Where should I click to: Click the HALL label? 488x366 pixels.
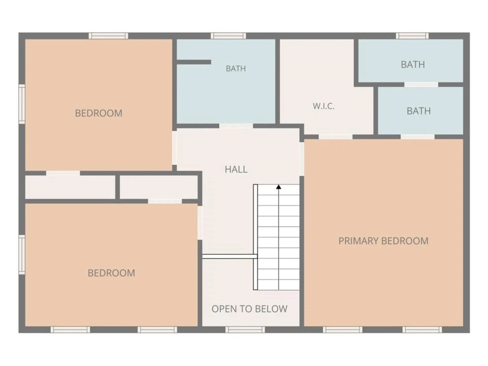[x=236, y=169]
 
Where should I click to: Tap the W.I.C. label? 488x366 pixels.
[x=324, y=106]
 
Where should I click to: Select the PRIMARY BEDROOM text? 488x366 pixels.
[x=383, y=241]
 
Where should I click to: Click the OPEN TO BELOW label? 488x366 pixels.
[x=249, y=309]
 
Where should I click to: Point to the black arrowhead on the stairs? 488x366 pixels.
[x=279, y=187]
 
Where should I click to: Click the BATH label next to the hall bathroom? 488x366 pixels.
[x=236, y=68]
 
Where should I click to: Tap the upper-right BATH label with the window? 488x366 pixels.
[x=413, y=65]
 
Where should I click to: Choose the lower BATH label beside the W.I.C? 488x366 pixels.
[x=419, y=111]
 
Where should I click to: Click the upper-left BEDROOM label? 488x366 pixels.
[x=99, y=113]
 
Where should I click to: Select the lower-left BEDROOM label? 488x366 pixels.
[x=111, y=273]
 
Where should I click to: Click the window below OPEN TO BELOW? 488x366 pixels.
[x=245, y=330]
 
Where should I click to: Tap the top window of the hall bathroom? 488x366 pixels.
[x=228, y=36]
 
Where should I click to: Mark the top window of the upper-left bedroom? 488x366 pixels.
[x=108, y=36]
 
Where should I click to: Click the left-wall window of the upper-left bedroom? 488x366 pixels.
[x=22, y=104]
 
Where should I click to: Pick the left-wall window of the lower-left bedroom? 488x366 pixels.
[x=22, y=254]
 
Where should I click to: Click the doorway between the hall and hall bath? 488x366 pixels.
[x=236, y=126]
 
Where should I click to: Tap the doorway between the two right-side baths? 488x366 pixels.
[x=421, y=85]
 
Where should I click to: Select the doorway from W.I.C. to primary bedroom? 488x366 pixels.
[x=335, y=137]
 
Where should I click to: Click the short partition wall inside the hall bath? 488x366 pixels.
[x=194, y=62]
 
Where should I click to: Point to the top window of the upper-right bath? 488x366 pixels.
[x=412, y=36]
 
